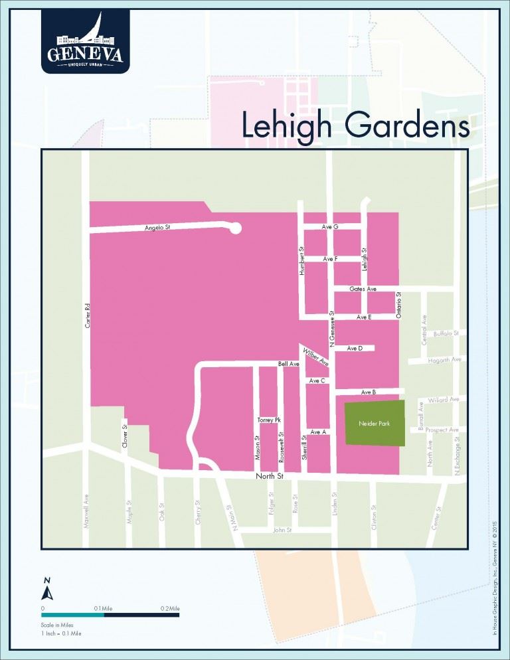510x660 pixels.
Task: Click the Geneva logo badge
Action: point(85,41)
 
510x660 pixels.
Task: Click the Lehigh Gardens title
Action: point(355,125)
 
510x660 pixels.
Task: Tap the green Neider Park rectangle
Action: point(374,423)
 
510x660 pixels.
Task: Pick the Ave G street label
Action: point(330,227)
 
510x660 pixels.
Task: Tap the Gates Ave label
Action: point(363,289)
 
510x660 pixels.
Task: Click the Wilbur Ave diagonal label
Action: point(316,357)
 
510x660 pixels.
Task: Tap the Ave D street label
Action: point(355,348)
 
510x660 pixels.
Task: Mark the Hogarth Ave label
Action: point(446,359)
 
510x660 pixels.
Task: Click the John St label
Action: point(283,531)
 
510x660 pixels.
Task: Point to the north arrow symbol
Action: point(47,590)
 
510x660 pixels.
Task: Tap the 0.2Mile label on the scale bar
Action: point(170,608)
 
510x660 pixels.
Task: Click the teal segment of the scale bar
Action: point(73,615)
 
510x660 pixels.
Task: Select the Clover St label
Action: point(125,436)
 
